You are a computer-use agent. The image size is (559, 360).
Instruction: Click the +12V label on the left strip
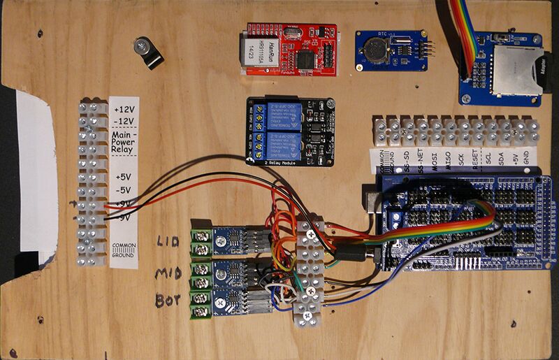[x=124, y=108]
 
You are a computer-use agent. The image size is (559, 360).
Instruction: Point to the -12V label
[x=124, y=121]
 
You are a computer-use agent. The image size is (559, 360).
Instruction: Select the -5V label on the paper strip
[x=124, y=189]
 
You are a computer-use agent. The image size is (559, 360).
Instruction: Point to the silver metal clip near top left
[x=147, y=51]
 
